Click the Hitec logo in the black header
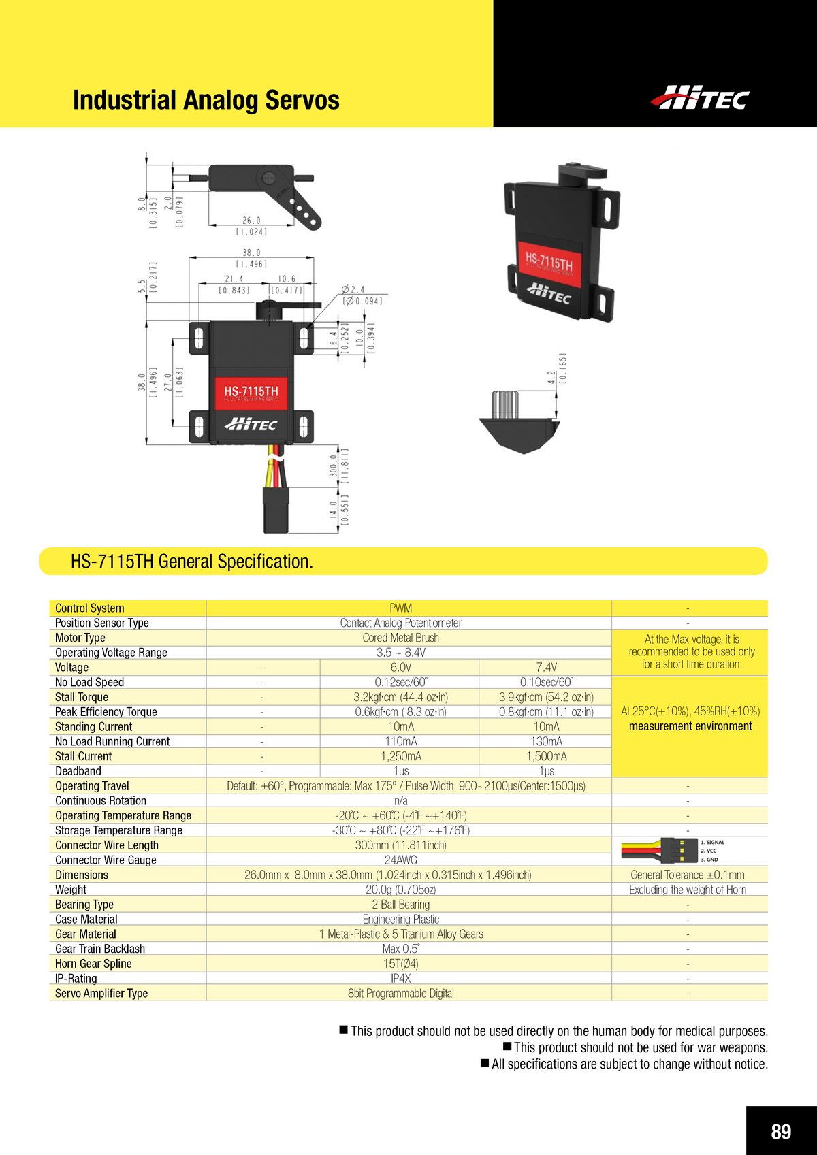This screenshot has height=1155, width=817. (x=700, y=98)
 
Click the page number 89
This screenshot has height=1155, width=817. (x=781, y=1131)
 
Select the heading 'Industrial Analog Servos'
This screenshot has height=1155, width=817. (x=206, y=100)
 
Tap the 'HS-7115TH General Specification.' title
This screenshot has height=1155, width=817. (x=192, y=562)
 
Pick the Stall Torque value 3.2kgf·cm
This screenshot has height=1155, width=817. (x=400, y=697)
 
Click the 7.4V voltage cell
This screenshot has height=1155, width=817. (x=546, y=667)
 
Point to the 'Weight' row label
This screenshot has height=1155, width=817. (x=71, y=890)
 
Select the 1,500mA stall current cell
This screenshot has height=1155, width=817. (x=546, y=756)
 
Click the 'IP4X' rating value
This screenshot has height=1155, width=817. (x=400, y=979)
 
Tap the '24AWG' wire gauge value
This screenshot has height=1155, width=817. (x=400, y=860)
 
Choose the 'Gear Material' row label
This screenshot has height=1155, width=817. (x=86, y=934)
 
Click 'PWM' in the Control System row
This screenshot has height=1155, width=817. (x=400, y=608)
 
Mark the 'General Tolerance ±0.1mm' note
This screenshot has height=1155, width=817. (x=688, y=875)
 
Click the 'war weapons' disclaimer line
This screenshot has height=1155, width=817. (x=636, y=1048)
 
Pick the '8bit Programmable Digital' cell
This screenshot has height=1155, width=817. (x=400, y=994)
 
